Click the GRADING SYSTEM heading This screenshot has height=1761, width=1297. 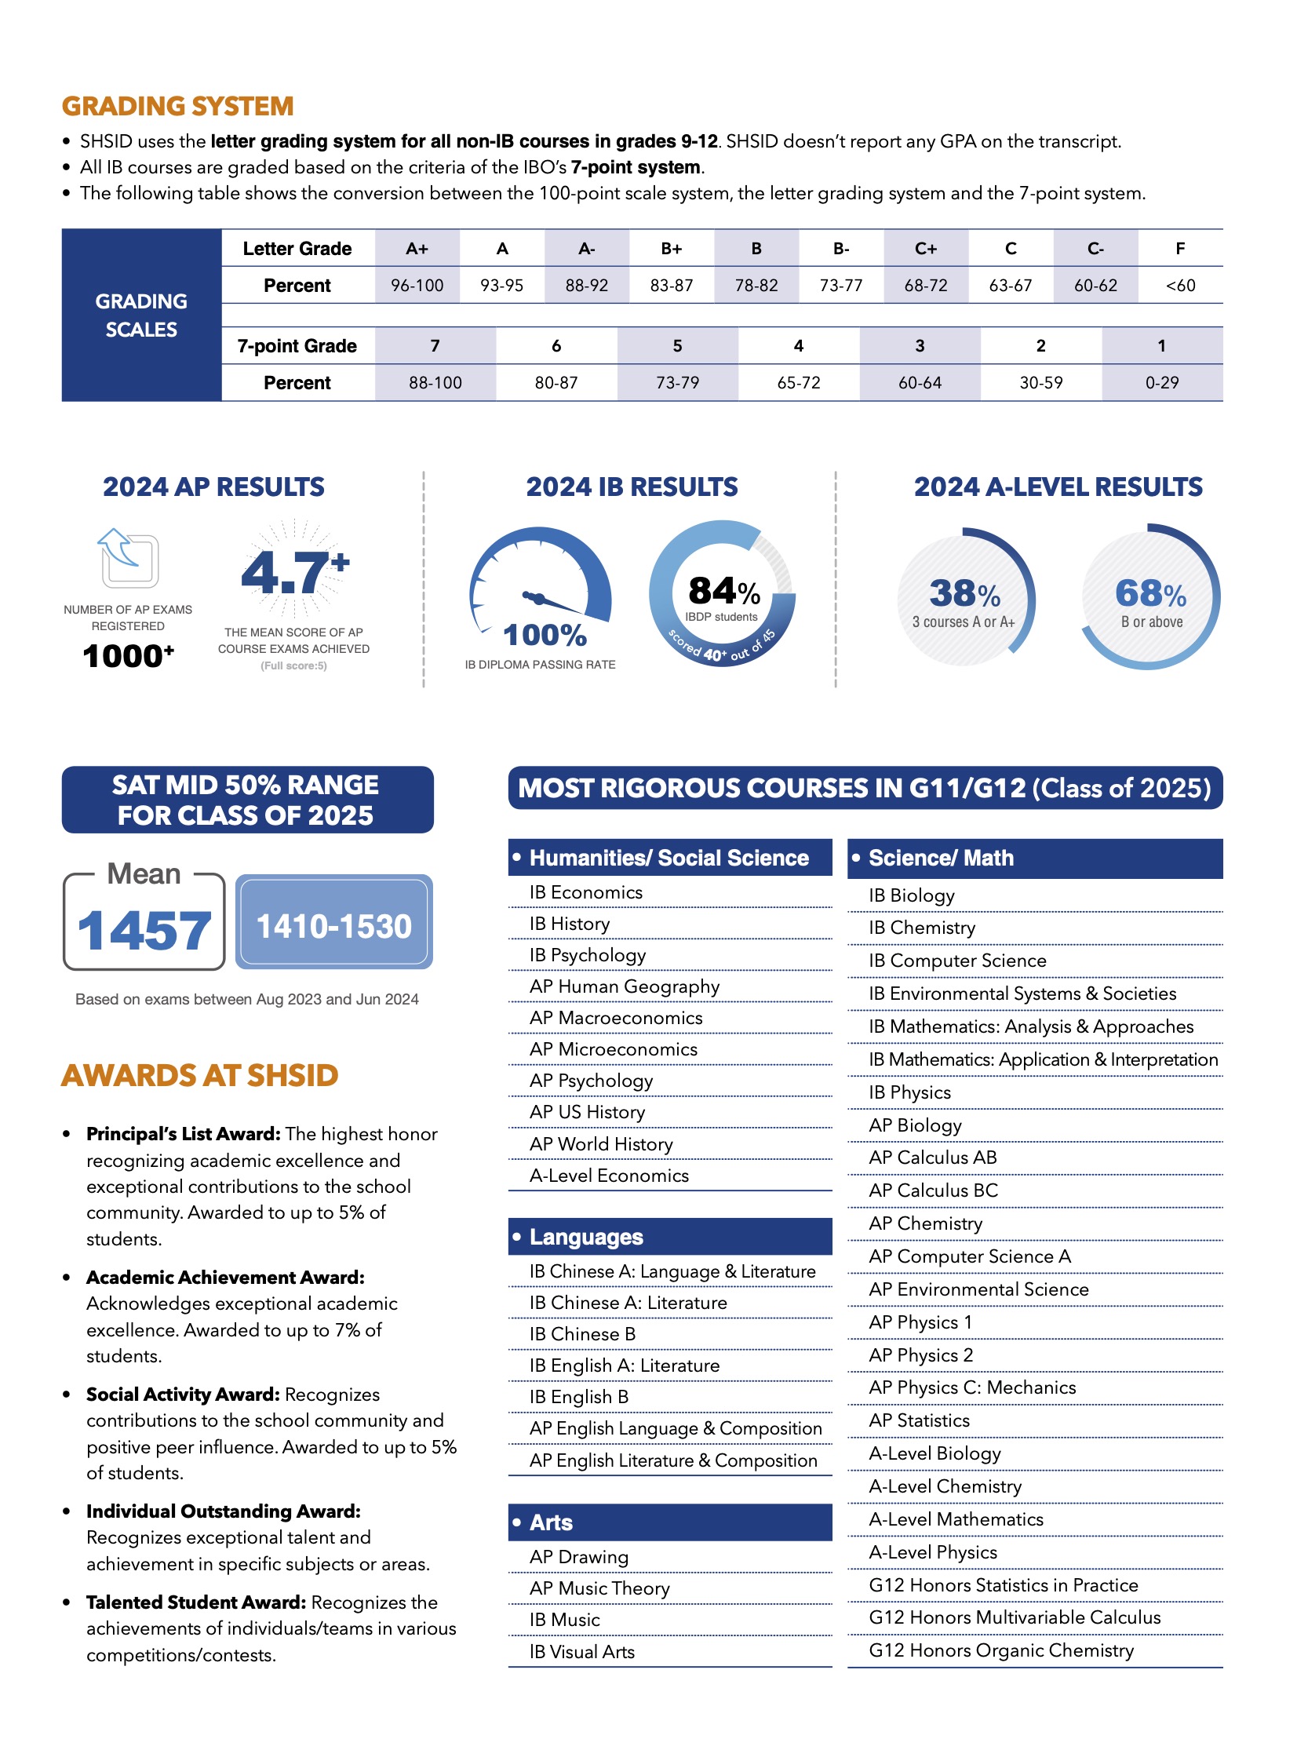[x=178, y=107]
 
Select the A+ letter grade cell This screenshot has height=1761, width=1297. [x=417, y=249]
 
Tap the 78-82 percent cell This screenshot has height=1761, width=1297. [x=756, y=286]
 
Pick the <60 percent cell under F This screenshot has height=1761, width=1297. [x=1180, y=286]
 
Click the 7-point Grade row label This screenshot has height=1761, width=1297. [x=297, y=346]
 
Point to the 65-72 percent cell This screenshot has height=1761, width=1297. [x=799, y=383]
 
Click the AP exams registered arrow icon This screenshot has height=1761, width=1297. [x=128, y=558]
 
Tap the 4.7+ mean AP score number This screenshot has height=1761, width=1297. [x=293, y=571]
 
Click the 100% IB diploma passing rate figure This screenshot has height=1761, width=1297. [x=544, y=635]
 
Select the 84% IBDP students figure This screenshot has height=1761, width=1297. [x=723, y=592]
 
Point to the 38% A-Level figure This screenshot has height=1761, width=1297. [x=964, y=594]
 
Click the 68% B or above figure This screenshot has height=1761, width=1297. [x=1150, y=594]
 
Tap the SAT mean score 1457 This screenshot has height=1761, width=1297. [x=144, y=932]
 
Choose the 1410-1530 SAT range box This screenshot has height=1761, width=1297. [x=333, y=927]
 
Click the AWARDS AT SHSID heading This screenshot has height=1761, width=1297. [x=200, y=1075]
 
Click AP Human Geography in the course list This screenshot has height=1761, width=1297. [x=624, y=986]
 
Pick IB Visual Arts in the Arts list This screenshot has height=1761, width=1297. [x=581, y=1652]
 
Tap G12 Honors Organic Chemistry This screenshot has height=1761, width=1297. [x=1001, y=1650]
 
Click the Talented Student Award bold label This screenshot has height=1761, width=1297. [x=196, y=1602]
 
